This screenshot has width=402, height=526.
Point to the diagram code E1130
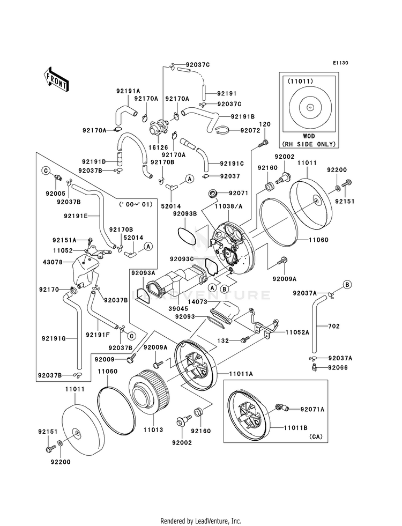tap(340, 63)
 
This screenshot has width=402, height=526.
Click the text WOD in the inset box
tap(309, 137)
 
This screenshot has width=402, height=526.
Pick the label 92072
tap(250, 130)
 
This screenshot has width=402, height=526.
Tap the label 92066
tap(338, 368)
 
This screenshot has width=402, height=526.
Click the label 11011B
tap(295, 428)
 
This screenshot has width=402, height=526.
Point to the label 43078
tap(53, 262)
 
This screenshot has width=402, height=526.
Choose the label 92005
tap(56, 194)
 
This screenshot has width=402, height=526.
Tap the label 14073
tap(197, 302)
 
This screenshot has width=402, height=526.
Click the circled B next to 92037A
tap(347, 285)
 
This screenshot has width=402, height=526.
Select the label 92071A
tap(312, 409)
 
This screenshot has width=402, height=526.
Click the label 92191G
tap(53, 338)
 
